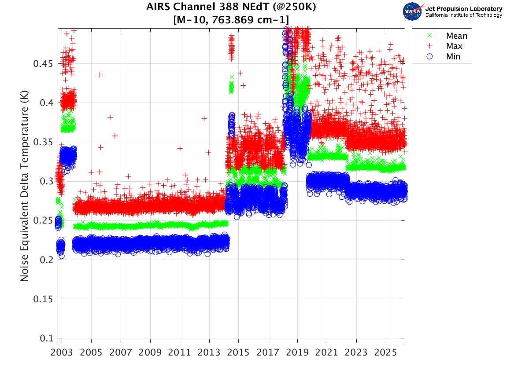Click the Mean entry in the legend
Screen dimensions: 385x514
(456, 36)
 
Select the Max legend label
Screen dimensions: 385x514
(454, 46)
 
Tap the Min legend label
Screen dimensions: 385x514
(453, 56)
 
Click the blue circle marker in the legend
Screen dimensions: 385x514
(424, 56)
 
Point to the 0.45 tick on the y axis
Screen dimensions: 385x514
(45, 64)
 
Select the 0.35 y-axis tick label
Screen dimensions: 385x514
(45, 142)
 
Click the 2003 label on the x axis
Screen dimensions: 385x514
(62, 353)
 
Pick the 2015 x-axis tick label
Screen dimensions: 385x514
(239, 353)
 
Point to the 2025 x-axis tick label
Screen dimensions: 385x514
(386, 353)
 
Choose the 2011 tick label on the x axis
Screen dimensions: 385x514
(180, 353)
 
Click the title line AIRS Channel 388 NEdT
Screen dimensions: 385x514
(231, 7)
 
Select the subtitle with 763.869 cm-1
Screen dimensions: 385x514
(231, 20)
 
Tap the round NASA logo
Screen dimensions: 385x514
(412, 11)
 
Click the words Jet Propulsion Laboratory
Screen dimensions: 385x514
(464, 9)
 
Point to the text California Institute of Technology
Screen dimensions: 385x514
(464, 15)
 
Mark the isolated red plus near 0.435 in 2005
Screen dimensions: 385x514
(100, 75)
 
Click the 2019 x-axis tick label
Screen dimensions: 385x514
(298, 353)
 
